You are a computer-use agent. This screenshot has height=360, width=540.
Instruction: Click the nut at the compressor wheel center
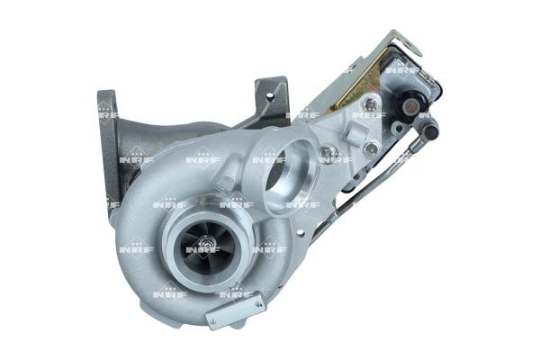coord(207,241)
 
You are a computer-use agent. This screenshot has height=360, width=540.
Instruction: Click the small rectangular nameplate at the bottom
coord(235,310)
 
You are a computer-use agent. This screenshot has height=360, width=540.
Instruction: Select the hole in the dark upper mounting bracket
coord(270,97)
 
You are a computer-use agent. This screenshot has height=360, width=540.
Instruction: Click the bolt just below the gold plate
coord(370,104)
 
